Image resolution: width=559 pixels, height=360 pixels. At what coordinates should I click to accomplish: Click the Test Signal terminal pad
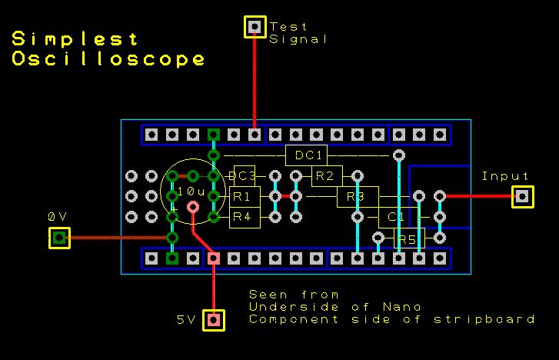pyautogui.click(x=255, y=27)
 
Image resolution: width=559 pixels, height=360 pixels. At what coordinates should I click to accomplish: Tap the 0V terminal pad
pyautogui.click(x=59, y=238)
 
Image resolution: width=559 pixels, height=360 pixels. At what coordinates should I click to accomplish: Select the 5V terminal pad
pyautogui.click(x=214, y=320)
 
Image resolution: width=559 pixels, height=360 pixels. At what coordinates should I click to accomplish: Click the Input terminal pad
pyautogui.click(x=523, y=197)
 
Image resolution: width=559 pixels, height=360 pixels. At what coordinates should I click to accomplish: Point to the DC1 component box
pyautogui.click(x=306, y=155)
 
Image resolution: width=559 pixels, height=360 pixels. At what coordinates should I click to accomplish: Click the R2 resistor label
pyautogui.click(x=324, y=176)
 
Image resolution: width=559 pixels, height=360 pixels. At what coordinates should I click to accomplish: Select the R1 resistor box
pyautogui.click(x=245, y=197)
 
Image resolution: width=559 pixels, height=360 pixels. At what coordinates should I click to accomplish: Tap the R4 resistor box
pyautogui.click(x=245, y=217)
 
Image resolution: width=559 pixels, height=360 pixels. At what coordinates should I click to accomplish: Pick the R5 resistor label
pyautogui.click(x=407, y=240)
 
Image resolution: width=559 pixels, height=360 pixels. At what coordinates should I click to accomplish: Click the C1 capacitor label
pyautogui.click(x=396, y=217)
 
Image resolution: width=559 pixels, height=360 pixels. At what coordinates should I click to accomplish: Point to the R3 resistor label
pyautogui.click(x=355, y=197)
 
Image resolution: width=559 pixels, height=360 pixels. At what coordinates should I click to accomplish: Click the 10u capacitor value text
pyautogui.click(x=191, y=192)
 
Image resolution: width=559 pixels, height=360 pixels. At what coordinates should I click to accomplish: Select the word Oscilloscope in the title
pyautogui.click(x=108, y=58)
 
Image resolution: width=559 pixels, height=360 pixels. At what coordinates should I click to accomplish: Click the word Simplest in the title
pyautogui.click(x=75, y=38)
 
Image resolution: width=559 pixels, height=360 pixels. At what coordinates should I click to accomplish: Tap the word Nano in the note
pyautogui.click(x=402, y=307)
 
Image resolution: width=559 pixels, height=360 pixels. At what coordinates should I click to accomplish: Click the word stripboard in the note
pyautogui.click(x=484, y=319)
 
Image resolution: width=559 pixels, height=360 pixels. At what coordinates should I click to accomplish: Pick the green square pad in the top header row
pyautogui.click(x=214, y=135)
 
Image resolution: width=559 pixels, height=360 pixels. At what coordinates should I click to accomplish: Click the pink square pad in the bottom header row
pyautogui.click(x=214, y=258)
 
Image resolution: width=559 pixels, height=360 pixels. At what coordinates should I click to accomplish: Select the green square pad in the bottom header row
pyautogui.click(x=172, y=258)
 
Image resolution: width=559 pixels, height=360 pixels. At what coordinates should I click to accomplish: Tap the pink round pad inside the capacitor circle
pyautogui.click(x=193, y=207)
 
